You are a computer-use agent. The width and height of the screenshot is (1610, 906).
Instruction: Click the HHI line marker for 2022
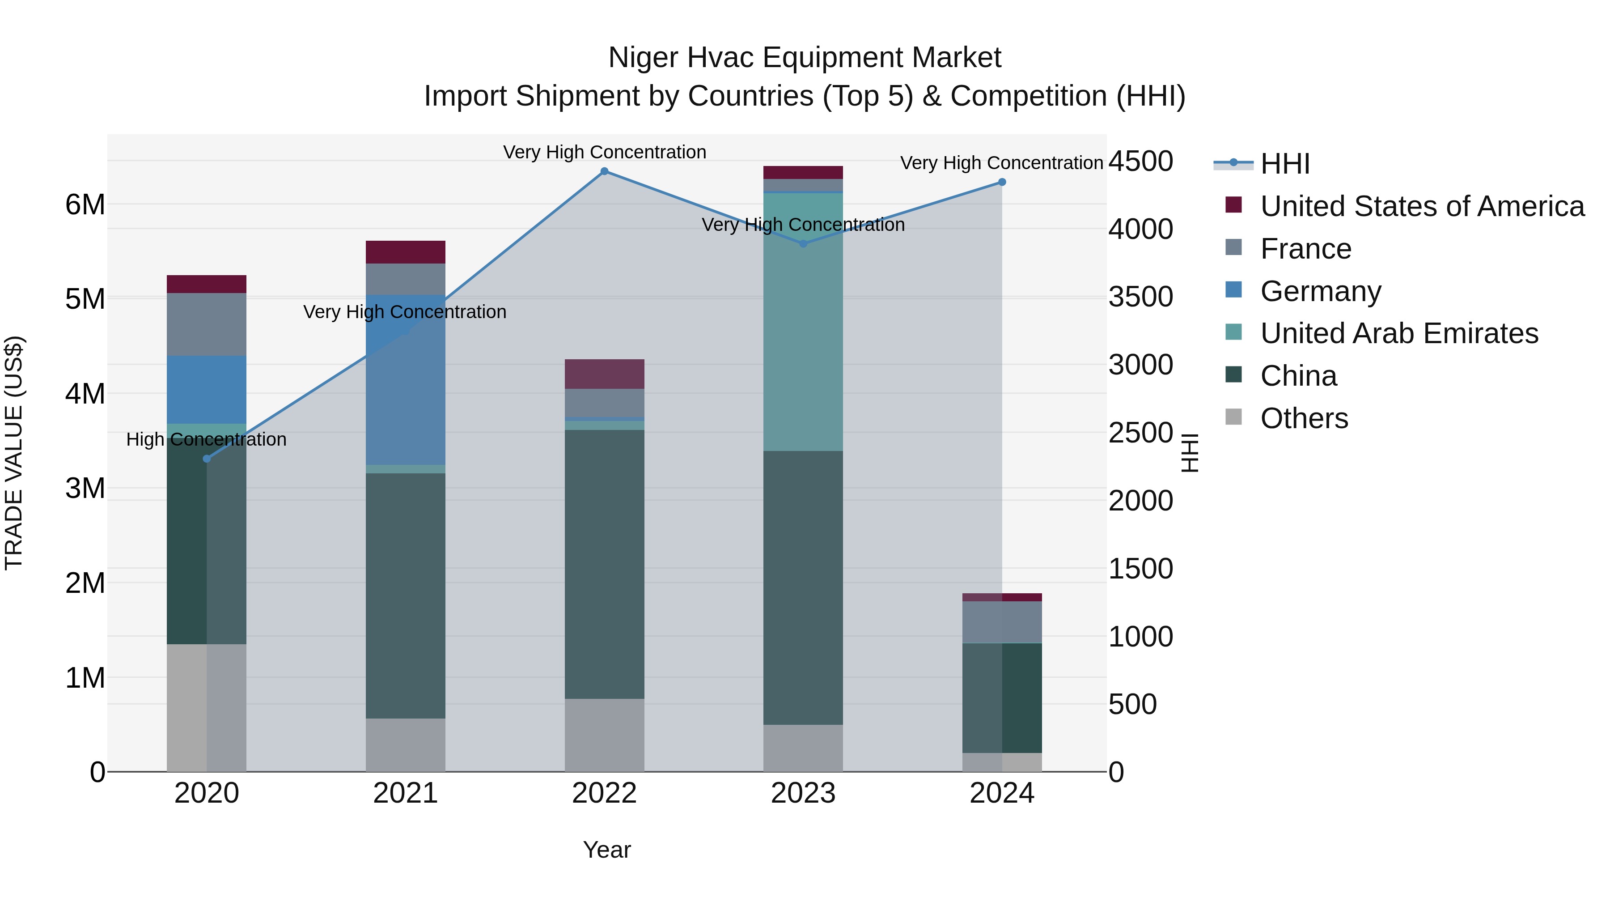[604, 171]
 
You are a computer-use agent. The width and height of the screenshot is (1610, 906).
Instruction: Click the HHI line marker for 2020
[207, 459]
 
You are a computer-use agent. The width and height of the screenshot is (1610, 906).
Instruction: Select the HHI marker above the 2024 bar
[1002, 183]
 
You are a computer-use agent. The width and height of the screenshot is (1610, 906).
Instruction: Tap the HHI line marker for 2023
[804, 244]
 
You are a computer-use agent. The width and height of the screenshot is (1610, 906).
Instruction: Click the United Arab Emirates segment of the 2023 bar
[803, 322]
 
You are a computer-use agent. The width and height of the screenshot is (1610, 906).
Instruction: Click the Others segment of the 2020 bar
[207, 708]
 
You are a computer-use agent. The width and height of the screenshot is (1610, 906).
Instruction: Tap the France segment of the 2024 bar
[1002, 622]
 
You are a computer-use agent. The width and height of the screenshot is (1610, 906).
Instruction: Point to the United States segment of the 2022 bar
[604, 374]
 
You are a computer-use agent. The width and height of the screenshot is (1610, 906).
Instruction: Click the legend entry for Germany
[1321, 291]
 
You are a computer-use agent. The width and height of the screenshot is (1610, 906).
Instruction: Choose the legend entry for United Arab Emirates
[1399, 333]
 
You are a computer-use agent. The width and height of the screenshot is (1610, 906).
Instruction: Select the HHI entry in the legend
[1284, 164]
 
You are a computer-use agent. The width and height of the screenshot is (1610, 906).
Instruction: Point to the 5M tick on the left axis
[85, 299]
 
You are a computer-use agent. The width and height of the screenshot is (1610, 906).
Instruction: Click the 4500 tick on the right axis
[1140, 162]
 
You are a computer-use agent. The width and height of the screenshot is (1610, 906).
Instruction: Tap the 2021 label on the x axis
[406, 793]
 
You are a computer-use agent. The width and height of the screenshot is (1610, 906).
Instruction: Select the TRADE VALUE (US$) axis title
[14, 453]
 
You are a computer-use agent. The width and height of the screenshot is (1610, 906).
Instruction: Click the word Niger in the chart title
[643, 58]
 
